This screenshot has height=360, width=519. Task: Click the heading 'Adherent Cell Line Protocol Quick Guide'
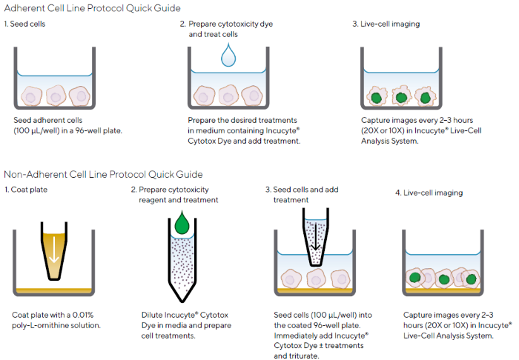pos(93,7)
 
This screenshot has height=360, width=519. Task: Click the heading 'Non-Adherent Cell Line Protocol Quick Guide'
pos(103,175)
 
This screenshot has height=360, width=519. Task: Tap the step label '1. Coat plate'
pos(27,193)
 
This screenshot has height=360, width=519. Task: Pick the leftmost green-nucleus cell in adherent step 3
pos(376,96)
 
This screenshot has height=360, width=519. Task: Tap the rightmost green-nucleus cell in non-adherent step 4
pos(469,279)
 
